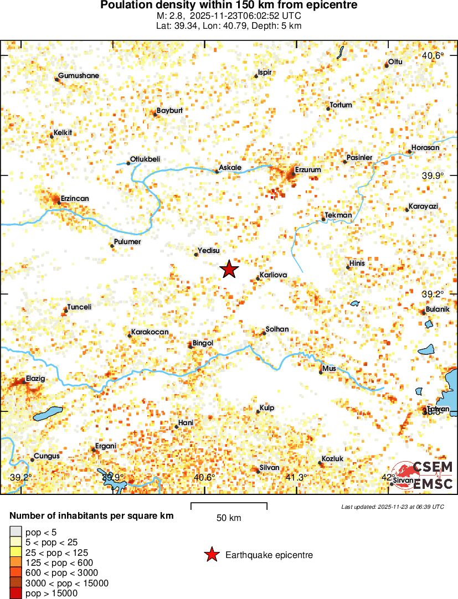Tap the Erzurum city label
pyautogui.click(x=308, y=170)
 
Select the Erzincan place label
pyautogui.click(x=75, y=198)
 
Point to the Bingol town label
pyautogui.click(x=203, y=343)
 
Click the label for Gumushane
pyautogui.click(x=79, y=76)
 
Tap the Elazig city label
pyautogui.click(x=35, y=379)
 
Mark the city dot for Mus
pyautogui.click(x=321, y=372)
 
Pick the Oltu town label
pyautogui.click(x=395, y=61)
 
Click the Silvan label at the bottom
pyautogui.click(x=270, y=468)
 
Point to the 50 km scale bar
pyautogui.click(x=229, y=506)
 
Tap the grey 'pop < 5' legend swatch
pyautogui.click(x=16, y=533)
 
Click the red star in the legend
pyautogui.click(x=211, y=555)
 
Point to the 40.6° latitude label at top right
pyautogui.click(x=433, y=56)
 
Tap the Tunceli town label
pyautogui.click(x=79, y=307)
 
